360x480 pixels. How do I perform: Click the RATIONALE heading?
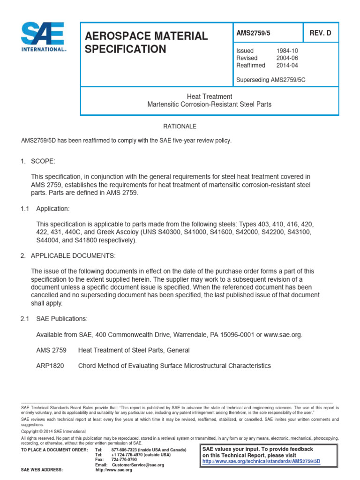180,127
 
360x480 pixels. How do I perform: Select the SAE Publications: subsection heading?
62,319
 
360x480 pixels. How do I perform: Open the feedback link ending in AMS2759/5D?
261,461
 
